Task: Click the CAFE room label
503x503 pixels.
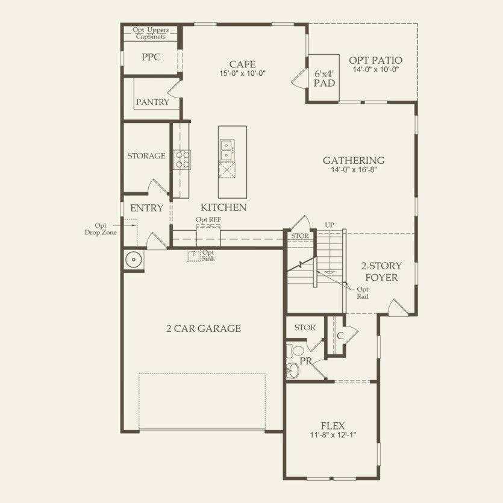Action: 242,64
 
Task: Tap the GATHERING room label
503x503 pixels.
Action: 354,160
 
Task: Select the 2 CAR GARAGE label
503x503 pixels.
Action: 204,328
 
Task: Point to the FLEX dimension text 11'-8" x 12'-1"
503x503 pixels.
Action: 333,435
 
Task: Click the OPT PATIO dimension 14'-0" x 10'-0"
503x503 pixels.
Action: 376,69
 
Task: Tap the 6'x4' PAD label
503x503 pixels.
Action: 324,78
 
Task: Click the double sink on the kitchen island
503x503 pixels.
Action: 227,150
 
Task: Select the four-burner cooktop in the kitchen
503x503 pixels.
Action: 181,160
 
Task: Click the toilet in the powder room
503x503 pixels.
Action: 295,351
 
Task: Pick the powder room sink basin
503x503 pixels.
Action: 292,370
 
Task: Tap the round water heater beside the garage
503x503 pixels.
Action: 134,259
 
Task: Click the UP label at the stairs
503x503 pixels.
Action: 330,225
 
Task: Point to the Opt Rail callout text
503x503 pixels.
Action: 363,293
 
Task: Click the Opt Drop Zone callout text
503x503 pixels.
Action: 101,229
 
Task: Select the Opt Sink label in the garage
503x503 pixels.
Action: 208,255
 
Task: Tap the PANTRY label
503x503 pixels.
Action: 152,102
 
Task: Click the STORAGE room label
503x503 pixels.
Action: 146,156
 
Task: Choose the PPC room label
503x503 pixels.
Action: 151,57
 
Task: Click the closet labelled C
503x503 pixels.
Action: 340,336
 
